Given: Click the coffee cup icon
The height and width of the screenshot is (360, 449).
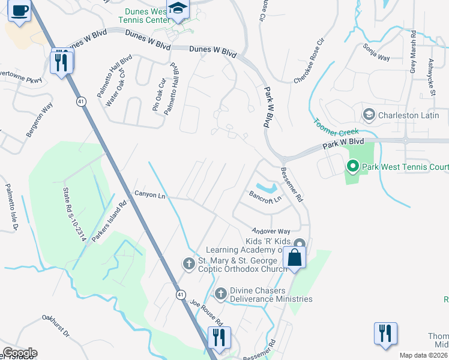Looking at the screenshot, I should (20, 11).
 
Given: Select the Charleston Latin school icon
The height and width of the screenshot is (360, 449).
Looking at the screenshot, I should (369, 115).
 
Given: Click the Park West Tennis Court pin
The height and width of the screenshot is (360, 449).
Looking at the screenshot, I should (352, 166).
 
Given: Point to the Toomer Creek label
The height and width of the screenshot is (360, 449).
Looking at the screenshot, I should (336, 125).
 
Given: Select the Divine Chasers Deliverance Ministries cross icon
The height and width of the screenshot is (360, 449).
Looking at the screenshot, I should (220, 293).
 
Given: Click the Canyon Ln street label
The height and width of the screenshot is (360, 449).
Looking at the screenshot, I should (149, 195).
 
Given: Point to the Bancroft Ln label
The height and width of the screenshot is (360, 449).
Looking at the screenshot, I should (265, 197).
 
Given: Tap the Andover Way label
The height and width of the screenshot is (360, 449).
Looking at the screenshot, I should (271, 231).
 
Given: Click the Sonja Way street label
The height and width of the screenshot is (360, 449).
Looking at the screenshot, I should (376, 52).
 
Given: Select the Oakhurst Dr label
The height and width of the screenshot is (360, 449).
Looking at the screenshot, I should (56, 325).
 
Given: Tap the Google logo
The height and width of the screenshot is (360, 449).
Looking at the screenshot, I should (19, 353).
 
